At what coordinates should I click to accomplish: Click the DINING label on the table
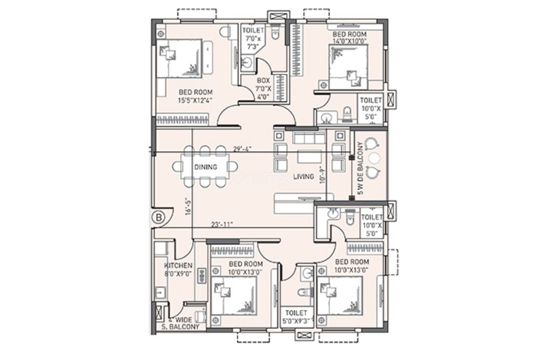tap(206, 167)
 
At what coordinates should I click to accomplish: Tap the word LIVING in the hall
tap(303, 177)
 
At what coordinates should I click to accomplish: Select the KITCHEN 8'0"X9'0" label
tap(178, 269)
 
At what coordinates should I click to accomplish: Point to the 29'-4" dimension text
tap(242, 148)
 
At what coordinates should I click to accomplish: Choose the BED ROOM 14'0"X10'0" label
tap(349, 37)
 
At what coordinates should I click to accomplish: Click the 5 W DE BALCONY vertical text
tap(360, 168)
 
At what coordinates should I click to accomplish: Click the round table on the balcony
tap(374, 157)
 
